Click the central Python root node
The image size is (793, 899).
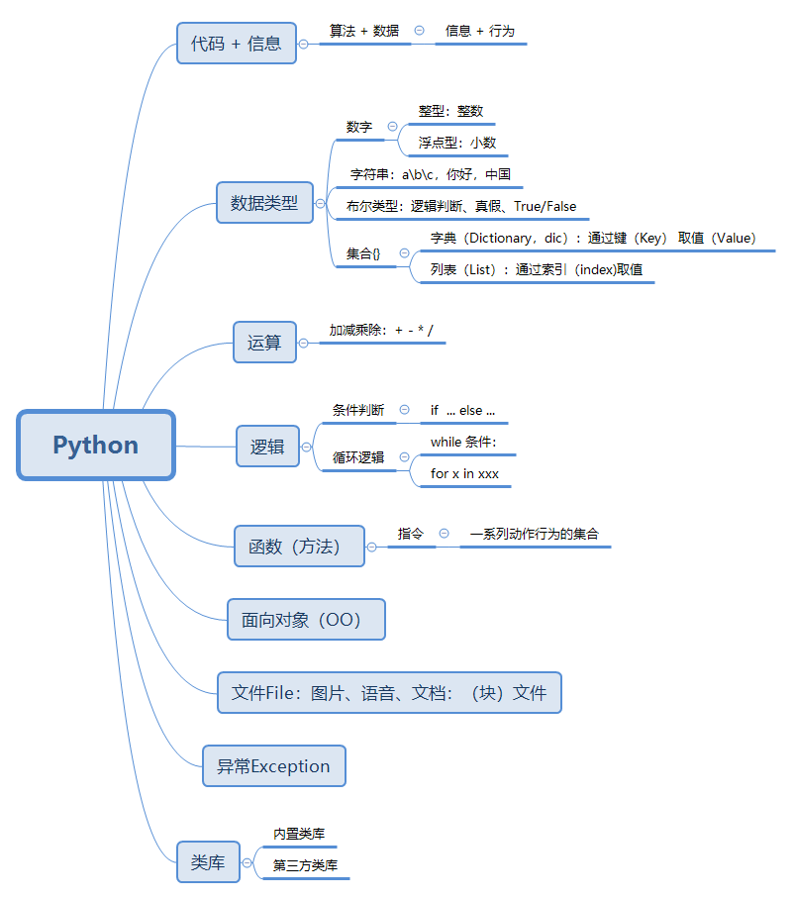(96, 446)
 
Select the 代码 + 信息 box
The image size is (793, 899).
(237, 44)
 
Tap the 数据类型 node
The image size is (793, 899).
(264, 203)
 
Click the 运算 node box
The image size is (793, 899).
(264, 343)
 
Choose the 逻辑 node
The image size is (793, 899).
(267, 447)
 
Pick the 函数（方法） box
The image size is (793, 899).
(299, 547)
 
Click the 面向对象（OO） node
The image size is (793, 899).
(305, 620)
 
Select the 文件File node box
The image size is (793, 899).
(389, 692)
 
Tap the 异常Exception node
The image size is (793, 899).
(273, 766)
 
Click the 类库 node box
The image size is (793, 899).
(208, 862)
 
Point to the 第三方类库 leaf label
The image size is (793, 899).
(305, 865)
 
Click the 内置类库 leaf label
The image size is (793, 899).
(299, 835)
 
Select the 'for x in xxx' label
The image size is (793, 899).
(464, 473)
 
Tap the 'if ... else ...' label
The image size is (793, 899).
(462, 410)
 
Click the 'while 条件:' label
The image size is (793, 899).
(463, 442)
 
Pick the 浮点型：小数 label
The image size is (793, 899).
(457, 143)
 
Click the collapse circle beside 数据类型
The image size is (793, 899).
(321, 204)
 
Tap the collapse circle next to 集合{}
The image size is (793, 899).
(404, 253)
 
